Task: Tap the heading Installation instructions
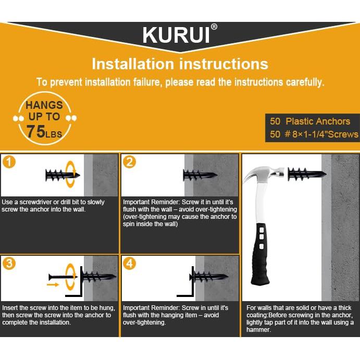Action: tap(180, 64)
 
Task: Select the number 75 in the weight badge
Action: tap(36, 131)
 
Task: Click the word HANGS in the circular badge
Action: tap(44, 105)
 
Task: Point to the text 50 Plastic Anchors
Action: tap(310, 121)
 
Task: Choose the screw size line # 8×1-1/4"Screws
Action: tap(314, 134)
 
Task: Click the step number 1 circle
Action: tap(9, 162)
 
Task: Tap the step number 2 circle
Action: tap(129, 162)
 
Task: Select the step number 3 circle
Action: tap(9, 263)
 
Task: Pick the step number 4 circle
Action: tap(129, 263)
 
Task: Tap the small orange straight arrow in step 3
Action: tap(53, 285)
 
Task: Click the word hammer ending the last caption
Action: tap(258, 330)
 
